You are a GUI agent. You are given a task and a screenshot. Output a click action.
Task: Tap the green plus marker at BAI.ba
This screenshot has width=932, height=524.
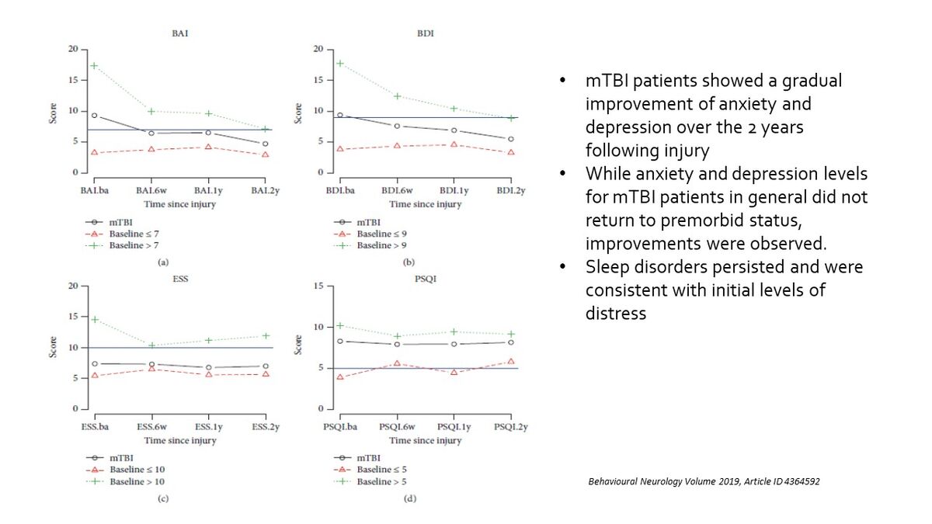coord(94,66)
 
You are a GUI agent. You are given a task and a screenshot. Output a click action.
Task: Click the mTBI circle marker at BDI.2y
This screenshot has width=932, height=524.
coord(510,139)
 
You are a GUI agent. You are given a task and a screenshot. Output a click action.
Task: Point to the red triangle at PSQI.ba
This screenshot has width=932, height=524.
coord(339,377)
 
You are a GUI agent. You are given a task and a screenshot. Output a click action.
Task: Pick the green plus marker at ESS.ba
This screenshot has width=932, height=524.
coord(94,319)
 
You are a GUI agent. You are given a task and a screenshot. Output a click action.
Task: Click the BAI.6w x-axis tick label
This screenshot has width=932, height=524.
coord(151,190)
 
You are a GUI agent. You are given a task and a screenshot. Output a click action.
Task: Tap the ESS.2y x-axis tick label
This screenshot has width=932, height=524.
coord(266,427)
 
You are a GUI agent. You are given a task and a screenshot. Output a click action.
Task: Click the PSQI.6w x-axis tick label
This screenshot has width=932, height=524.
coord(397,427)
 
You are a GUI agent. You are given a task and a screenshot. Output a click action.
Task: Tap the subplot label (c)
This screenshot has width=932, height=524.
coord(163,498)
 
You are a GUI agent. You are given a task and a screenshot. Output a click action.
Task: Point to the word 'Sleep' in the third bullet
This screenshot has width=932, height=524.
coord(607,266)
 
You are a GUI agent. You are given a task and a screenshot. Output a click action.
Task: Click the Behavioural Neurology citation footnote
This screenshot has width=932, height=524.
coord(704,481)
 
